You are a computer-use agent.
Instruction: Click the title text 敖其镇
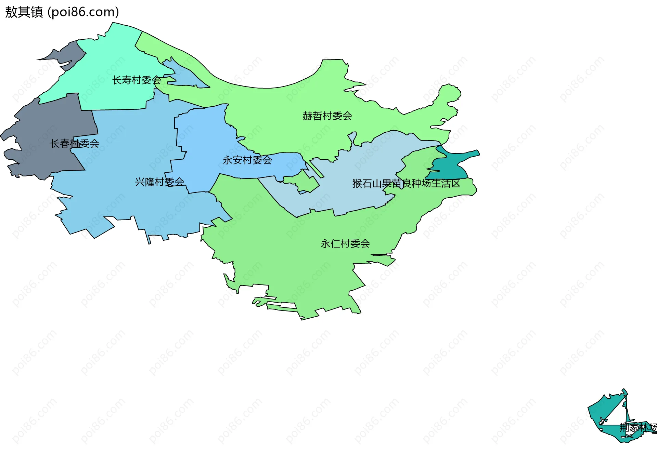click(x=24, y=12)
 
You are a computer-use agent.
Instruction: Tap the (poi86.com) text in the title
click(x=83, y=12)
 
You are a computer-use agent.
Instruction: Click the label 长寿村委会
click(x=137, y=80)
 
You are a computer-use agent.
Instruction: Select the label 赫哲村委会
click(x=327, y=116)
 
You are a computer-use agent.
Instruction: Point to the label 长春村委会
click(x=75, y=144)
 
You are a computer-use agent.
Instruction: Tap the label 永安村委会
click(x=247, y=160)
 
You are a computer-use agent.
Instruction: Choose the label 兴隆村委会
click(x=159, y=182)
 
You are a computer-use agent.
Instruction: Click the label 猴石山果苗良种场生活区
click(x=406, y=184)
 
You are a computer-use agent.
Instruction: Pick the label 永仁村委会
click(x=345, y=244)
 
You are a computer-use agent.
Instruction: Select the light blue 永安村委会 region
click(x=205, y=137)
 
